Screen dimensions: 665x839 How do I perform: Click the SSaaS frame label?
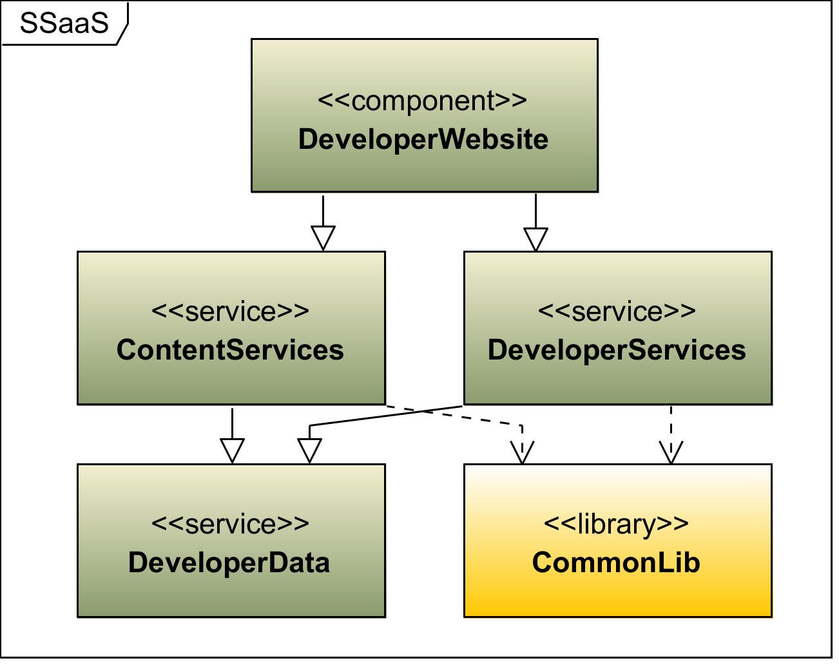64,23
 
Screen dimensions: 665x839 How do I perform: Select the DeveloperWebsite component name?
423,139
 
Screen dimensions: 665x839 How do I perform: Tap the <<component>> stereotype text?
423,101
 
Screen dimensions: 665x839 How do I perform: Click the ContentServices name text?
230,350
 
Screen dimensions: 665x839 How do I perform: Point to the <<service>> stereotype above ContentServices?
231,312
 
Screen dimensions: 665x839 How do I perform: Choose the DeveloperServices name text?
617,350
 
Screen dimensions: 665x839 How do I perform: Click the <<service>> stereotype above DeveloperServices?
617,312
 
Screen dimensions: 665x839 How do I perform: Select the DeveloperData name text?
229,563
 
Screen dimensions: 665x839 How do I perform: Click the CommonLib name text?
616,563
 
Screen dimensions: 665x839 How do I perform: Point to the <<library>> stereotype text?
616,524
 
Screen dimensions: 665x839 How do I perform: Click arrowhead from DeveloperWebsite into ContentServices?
323,238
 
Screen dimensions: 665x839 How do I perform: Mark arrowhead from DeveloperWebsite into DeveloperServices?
535,238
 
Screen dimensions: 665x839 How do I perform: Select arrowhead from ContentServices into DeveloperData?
232,450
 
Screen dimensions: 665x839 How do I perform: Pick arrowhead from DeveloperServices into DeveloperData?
309,450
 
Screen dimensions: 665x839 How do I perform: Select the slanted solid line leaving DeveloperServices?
387,416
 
